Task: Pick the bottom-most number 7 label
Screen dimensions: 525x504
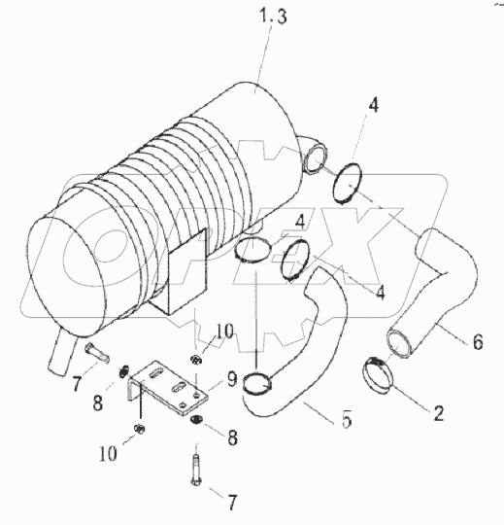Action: point(232,504)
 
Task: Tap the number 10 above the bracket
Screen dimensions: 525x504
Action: point(223,332)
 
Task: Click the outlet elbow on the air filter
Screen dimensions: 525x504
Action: point(313,156)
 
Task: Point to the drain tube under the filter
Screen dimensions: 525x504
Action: point(58,350)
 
